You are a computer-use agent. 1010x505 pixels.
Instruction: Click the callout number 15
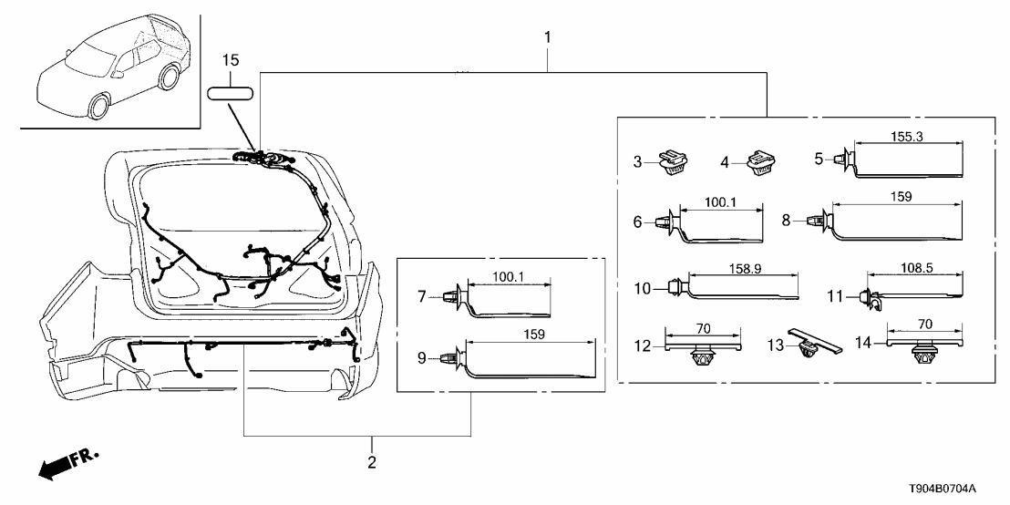[x=232, y=61]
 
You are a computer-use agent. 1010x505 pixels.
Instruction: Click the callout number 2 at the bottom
[x=371, y=463]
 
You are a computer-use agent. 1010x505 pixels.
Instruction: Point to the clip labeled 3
[x=675, y=162]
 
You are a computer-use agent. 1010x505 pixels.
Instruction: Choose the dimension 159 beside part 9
[x=534, y=335]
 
